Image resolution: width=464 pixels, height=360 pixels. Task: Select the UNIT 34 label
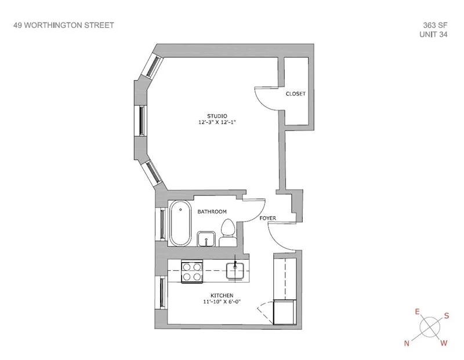[435, 34]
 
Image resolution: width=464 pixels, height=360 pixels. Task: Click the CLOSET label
[296, 93]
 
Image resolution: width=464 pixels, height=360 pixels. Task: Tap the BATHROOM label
[212, 212]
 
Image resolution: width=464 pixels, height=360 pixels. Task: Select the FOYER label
[268, 219]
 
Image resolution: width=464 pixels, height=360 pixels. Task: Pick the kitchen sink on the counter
[235, 270]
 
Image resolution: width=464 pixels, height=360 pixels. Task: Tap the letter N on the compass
[407, 343]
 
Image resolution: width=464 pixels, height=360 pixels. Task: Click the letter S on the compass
[446, 316]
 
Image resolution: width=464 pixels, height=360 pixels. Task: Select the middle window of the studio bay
[142, 120]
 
